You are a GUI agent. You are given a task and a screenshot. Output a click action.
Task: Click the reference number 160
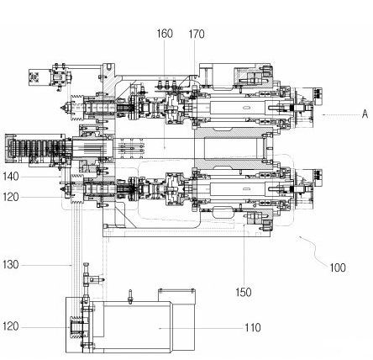point(165,34)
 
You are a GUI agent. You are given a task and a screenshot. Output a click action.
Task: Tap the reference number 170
point(197,34)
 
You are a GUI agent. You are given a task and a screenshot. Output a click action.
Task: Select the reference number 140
point(11,177)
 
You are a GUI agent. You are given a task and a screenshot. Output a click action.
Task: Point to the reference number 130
point(11,264)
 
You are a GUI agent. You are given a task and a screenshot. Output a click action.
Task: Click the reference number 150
point(244,293)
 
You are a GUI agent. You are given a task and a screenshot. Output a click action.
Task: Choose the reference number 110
point(253,327)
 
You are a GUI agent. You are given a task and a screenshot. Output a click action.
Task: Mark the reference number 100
point(338,267)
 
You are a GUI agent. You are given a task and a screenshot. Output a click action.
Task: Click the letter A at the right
point(365,114)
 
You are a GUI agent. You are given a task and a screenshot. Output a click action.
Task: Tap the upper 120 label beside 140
point(11,197)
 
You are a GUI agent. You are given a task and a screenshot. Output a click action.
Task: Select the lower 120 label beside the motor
point(11,326)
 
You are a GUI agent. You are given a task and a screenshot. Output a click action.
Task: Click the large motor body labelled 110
point(137,326)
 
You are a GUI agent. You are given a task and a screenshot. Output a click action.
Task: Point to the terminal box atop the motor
point(176,296)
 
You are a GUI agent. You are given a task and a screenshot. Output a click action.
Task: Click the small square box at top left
point(35,77)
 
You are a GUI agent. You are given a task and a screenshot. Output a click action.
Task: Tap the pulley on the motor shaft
point(76,327)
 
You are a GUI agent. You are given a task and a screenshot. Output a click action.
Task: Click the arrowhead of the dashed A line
point(323,114)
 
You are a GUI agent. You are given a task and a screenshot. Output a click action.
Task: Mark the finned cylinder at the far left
point(35,148)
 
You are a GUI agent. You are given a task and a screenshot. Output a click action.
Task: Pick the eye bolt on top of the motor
point(130,297)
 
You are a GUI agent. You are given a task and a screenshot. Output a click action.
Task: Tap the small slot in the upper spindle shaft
point(247,108)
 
